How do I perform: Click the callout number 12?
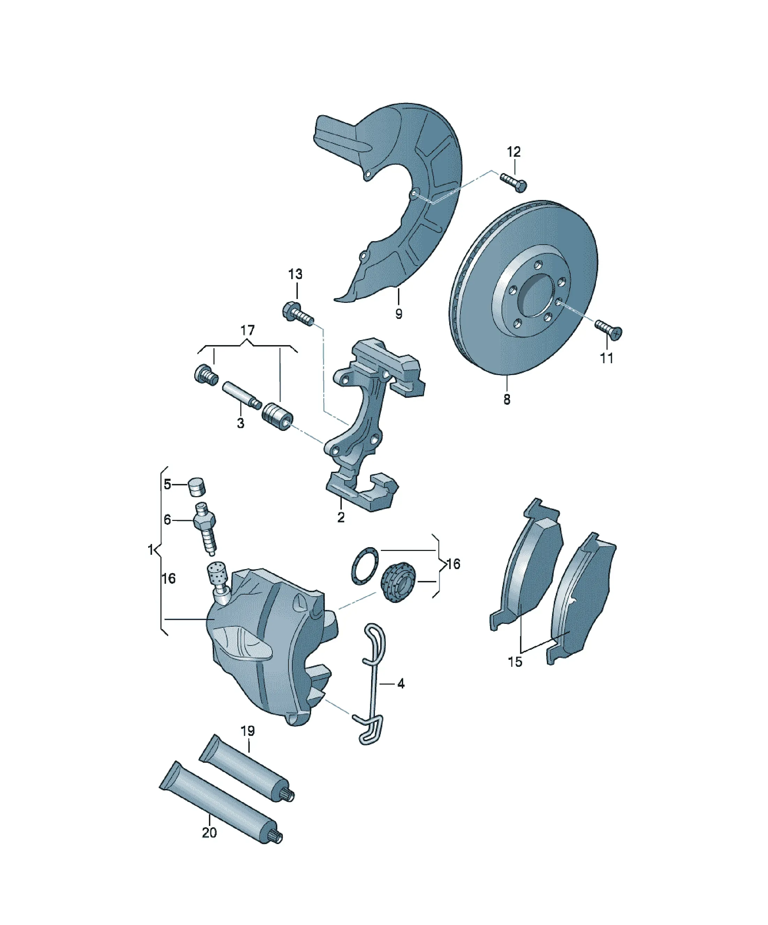(x=513, y=152)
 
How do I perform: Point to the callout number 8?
(x=507, y=400)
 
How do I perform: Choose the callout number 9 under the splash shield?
(x=399, y=314)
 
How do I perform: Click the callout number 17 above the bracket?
(x=248, y=330)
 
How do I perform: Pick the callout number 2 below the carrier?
(x=341, y=517)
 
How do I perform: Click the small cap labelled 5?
(x=198, y=486)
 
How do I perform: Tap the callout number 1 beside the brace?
(x=151, y=550)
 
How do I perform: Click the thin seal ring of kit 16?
(x=365, y=566)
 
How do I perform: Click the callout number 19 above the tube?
(x=248, y=731)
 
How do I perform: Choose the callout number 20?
(x=209, y=833)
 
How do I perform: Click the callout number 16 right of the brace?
(x=453, y=564)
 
